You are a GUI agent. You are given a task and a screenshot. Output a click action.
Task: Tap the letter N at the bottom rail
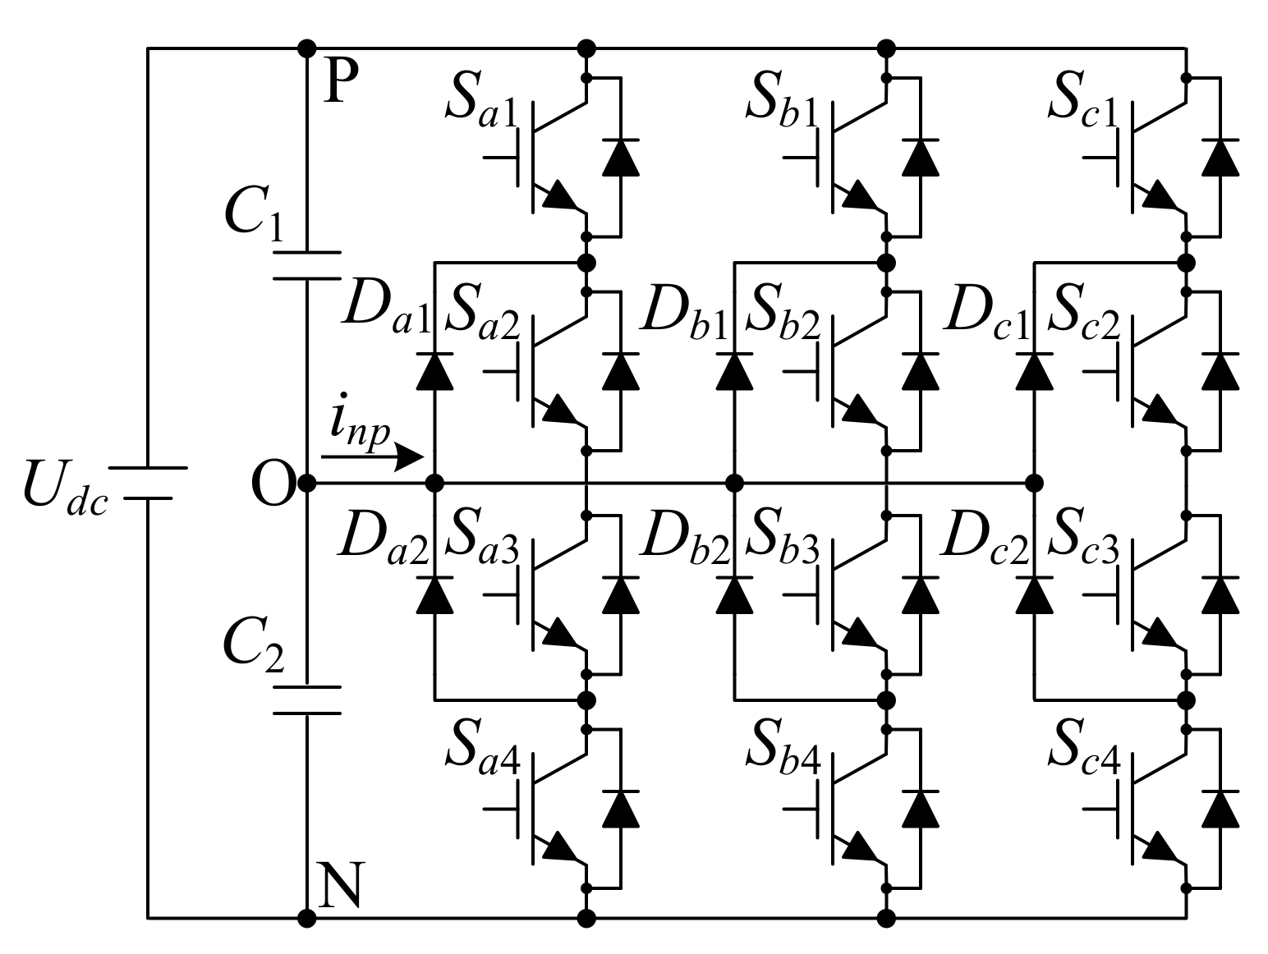tap(338, 886)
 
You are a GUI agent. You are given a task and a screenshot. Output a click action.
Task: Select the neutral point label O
tap(272, 485)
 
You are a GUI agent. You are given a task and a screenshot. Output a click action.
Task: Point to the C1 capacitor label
tap(255, 215)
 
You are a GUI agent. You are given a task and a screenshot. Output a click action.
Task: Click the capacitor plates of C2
tap(306, 699)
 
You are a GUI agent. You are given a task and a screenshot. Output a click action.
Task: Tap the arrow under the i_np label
tap(374, 456)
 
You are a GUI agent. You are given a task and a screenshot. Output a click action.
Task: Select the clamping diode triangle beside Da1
tap(435, 371)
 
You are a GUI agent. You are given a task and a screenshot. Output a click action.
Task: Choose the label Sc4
tap(1085, 754)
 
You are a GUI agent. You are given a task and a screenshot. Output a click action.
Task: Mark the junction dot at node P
tap(306, 48)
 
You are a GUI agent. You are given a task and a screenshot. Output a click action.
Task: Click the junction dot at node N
tap(306, 917)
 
